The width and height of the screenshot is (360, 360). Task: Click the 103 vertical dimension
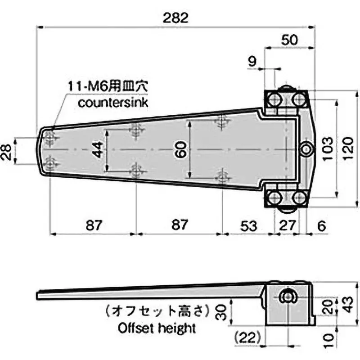click(x=328, y=148)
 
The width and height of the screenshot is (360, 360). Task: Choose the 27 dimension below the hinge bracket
click(x=286, y=226)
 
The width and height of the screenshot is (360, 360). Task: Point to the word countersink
click(x=112, y=102)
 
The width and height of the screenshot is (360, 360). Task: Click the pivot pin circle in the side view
click(x=286, y=297)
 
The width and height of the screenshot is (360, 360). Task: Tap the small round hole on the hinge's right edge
click(x=306, y=148)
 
